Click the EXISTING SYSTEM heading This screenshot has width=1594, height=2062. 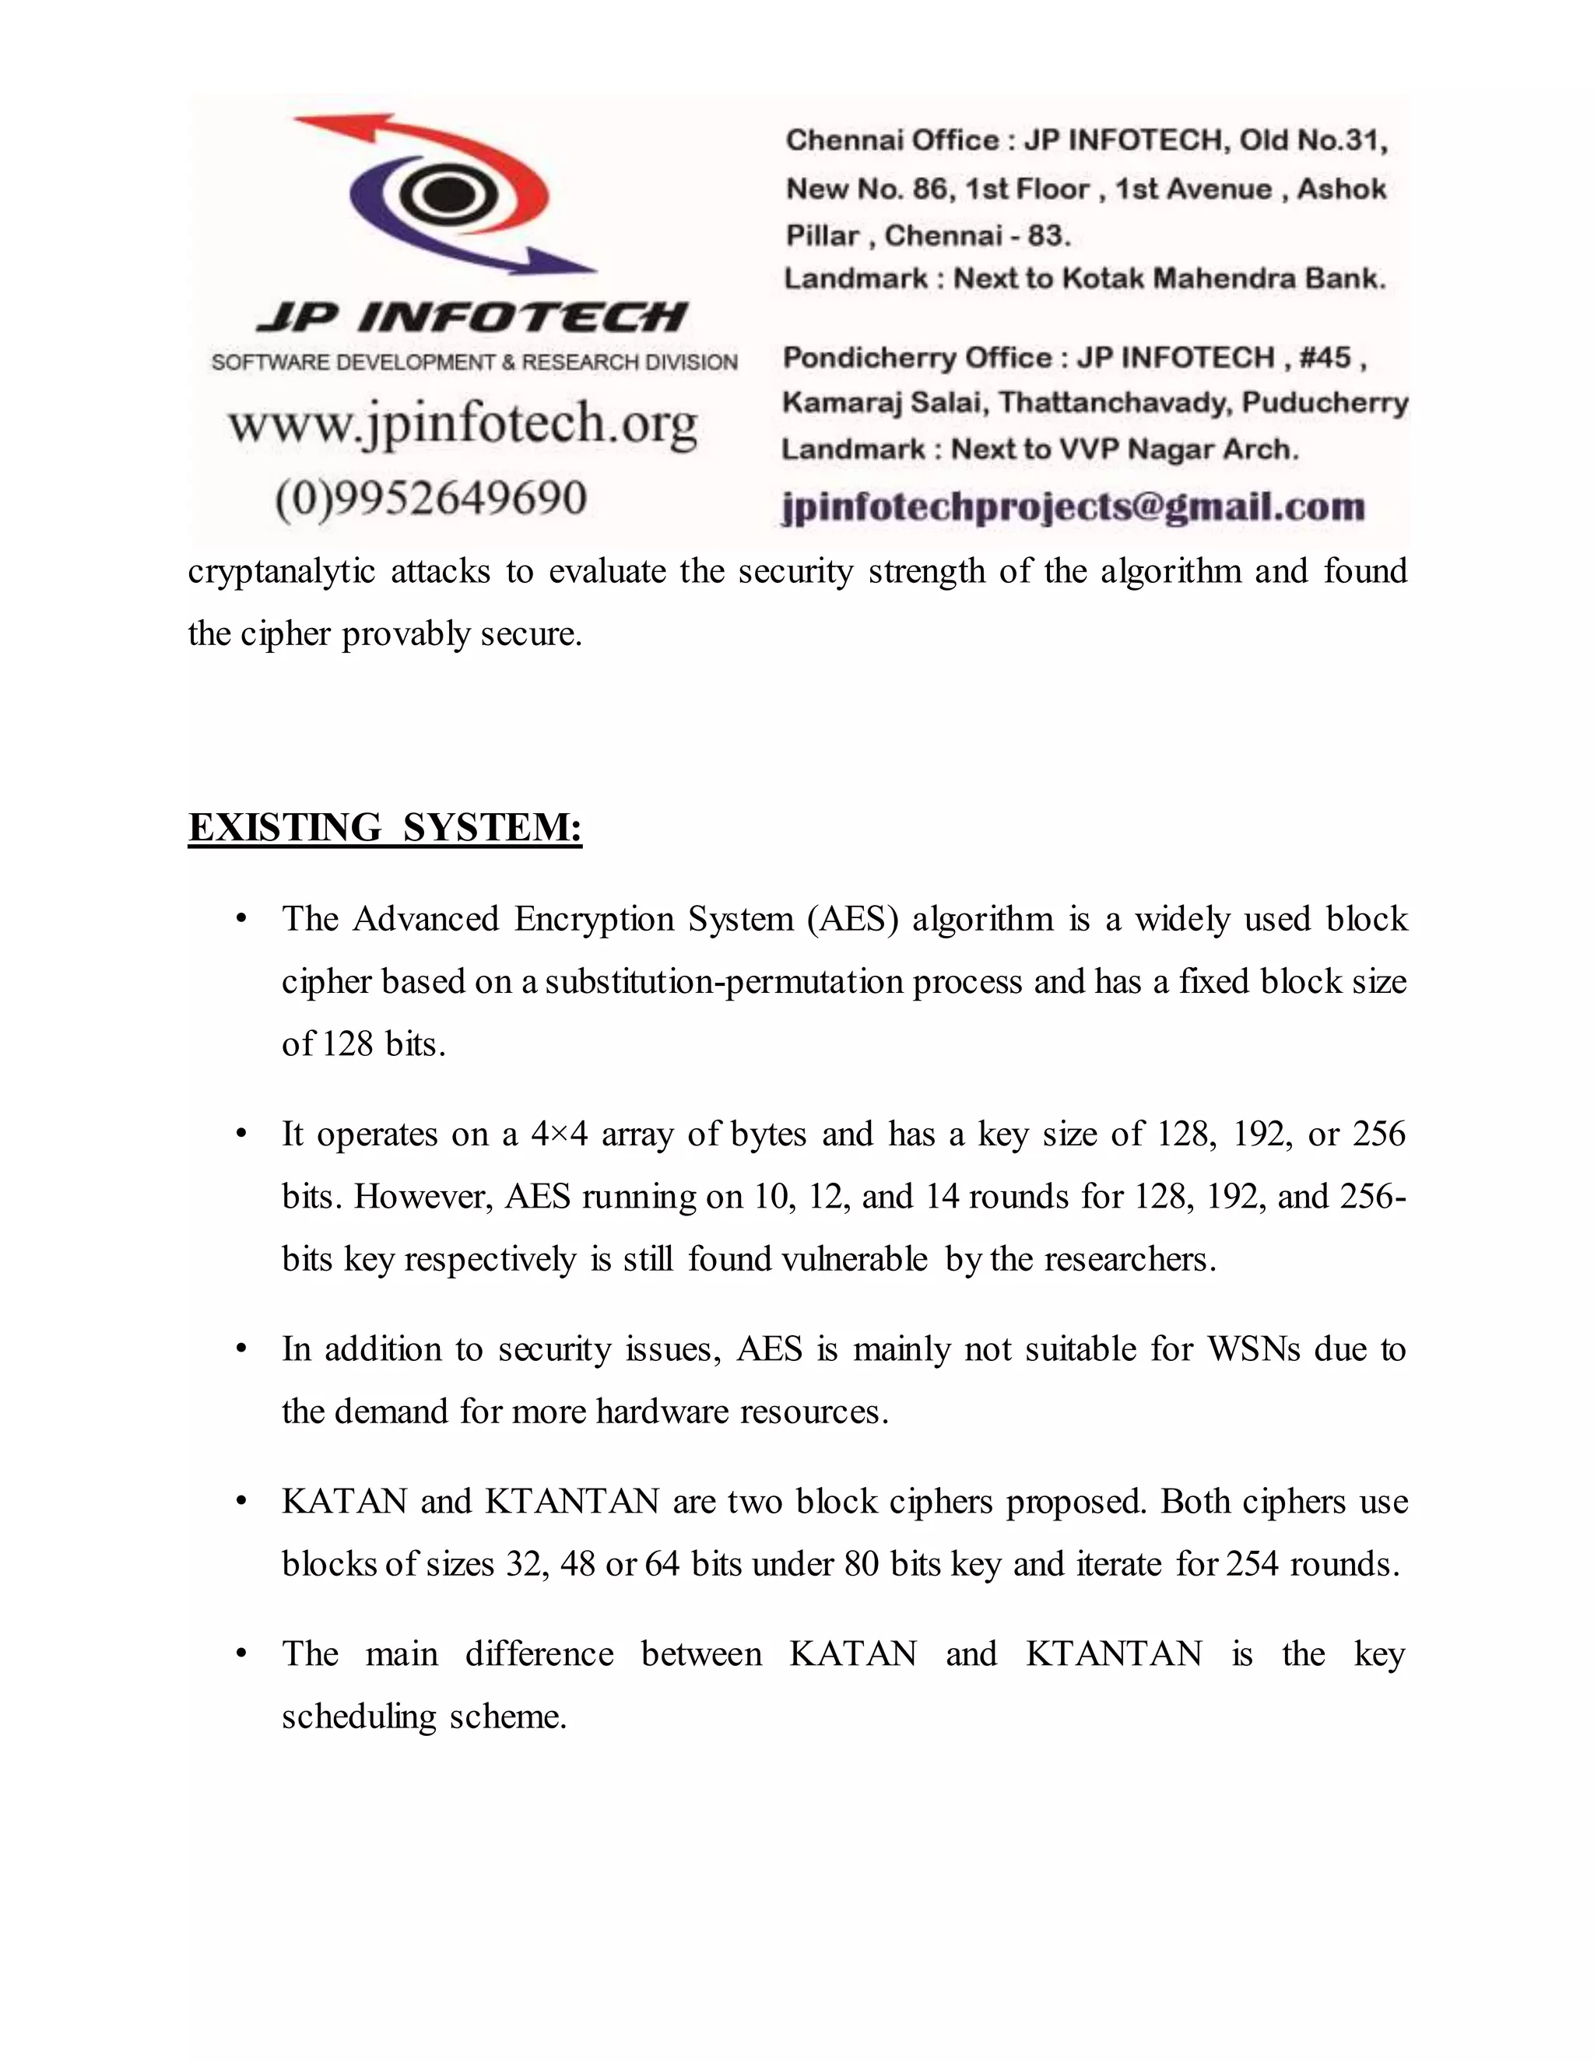point(384,828)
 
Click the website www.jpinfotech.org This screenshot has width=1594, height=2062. point(463,424)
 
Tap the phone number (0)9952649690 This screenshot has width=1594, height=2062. point(430,497)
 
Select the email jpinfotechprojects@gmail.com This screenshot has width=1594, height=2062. point(1073,507)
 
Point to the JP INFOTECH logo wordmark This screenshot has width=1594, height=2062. point(472,317)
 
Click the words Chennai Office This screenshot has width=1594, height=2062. point(891,141)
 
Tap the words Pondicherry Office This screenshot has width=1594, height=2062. point(916,358)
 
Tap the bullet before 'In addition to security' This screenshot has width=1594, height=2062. point(242,1349)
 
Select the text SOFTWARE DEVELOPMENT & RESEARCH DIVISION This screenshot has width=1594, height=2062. point(474,363)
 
